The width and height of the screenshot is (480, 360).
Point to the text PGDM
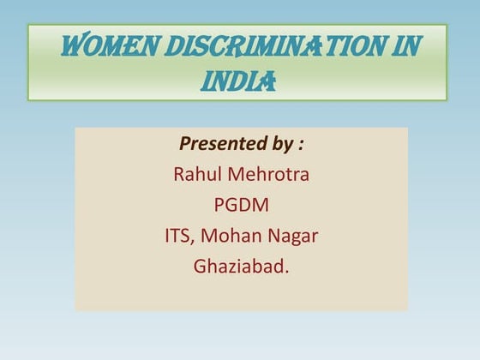(241, 205)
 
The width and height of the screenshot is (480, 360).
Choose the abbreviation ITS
(177, 235)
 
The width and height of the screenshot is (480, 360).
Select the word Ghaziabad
(238, 266)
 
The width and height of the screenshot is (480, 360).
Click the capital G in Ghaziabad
(200, 266)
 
